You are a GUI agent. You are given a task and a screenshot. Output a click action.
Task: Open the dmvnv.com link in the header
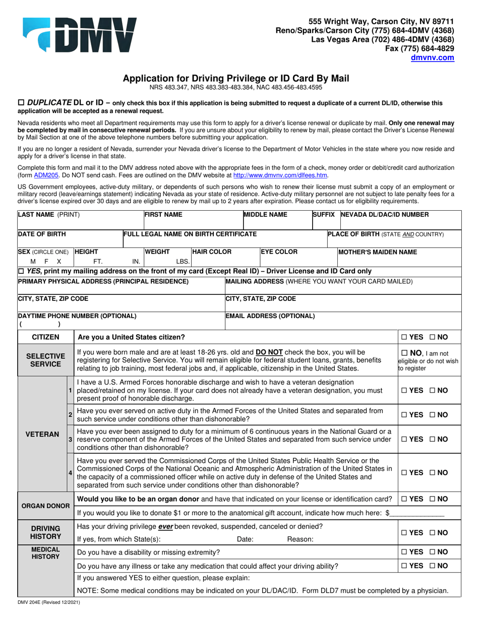click(x=434, y=57)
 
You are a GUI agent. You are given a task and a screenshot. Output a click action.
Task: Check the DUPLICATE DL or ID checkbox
click(x=21, y=102)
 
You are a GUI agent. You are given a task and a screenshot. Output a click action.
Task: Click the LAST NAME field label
click(x=48, y=214)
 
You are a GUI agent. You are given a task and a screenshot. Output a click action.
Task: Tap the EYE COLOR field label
click(x=279, y=252)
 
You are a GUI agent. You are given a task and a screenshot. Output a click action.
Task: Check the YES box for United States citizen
click(x=404, y=337)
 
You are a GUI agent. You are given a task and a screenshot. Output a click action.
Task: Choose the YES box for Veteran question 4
click(x=404, y=473)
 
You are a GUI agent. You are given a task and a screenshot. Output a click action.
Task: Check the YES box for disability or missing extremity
click(x=404, y=552)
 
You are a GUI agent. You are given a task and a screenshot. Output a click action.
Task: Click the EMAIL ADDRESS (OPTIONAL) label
click(x=270, y=316)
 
